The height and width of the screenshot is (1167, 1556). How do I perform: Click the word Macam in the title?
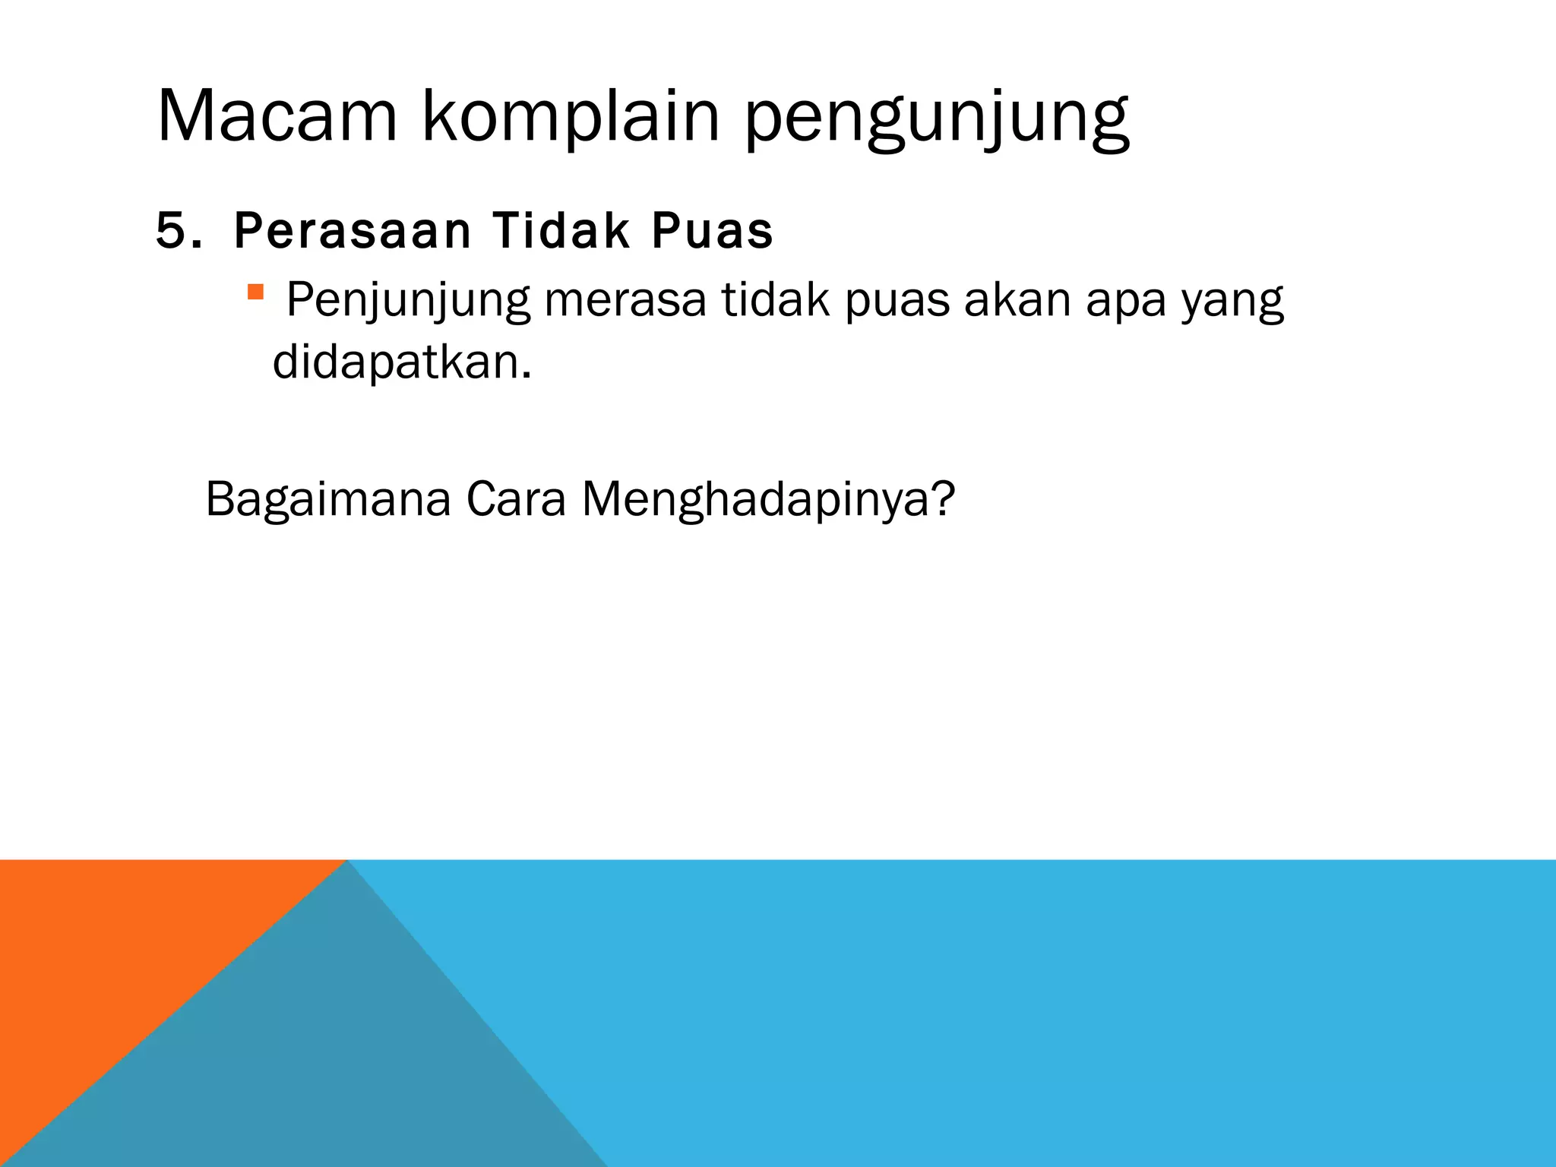[x=277, y=116]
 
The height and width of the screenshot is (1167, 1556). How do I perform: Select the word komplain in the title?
[x=570, y=116]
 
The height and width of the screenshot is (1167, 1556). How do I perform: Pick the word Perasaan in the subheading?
[x=353, y=231]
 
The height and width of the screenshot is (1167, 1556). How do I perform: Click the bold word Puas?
[x=712, y=231]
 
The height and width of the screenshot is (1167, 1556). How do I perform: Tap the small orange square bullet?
[x=255, y=292]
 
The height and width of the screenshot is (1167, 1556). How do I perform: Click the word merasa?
[x=625, y=300]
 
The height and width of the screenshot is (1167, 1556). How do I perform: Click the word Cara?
[x=516, y=499]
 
